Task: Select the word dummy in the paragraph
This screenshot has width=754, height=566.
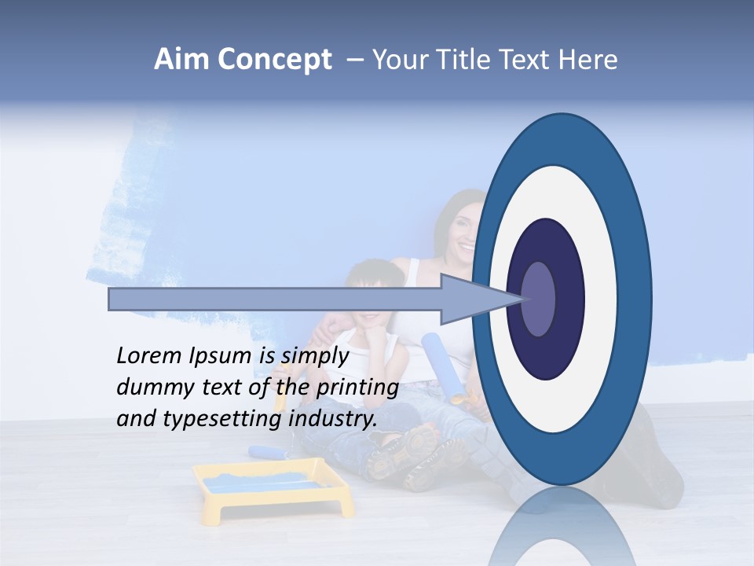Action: tap(150, 388)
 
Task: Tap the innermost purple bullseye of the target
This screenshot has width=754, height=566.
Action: tap(538, 299)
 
